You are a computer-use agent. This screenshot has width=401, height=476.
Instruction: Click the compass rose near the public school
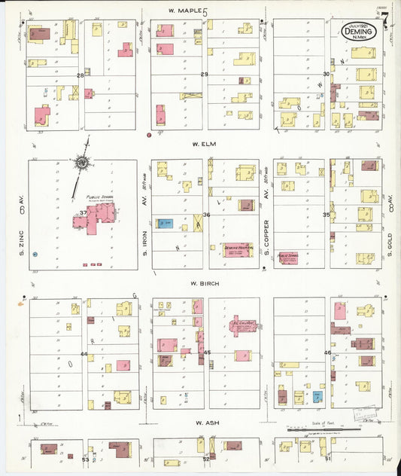point(81,161)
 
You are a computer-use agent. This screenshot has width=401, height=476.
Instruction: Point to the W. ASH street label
point(205,424)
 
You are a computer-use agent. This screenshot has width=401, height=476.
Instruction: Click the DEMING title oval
point(358,32)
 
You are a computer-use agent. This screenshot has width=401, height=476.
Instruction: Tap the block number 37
point(82,213)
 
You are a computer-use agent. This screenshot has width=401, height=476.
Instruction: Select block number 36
point(205,215)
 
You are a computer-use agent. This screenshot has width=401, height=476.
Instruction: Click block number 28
point(81,75)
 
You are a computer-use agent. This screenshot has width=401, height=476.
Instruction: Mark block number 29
point(204,74)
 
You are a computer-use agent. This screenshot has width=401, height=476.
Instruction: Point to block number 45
point(207,352)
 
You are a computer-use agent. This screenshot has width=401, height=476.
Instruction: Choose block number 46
point(327,352)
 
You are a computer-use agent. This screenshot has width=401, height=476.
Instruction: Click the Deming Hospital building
point(236,249)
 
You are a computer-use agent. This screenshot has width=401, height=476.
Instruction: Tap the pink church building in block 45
point(244,326)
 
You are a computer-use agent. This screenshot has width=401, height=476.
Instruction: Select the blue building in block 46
point(317,395)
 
